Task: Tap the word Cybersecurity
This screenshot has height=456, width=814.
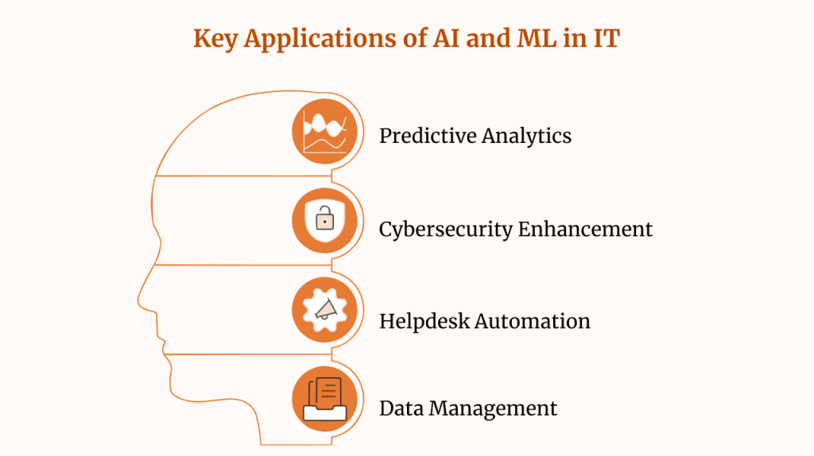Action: [x=445, y=230]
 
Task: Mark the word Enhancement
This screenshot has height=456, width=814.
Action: [x=585, y=230]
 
